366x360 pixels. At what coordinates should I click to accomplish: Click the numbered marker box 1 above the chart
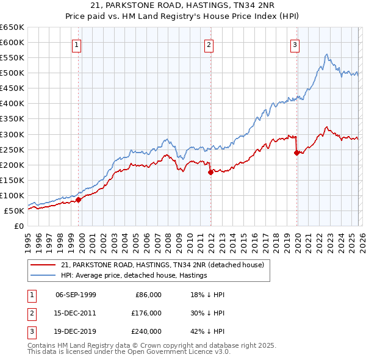pyautogui.click(x=77, y=45)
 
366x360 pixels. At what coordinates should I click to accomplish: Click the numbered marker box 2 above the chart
pyautogui.click(x=209, y=45)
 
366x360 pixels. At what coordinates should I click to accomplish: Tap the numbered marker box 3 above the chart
pyautogui.click(x=295, y=45)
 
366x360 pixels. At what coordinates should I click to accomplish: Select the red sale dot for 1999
pyautogui.click(x=78, y=199)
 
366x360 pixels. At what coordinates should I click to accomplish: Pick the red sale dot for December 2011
pyautogui.click(x=210, y=172)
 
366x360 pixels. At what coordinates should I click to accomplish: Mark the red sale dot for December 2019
pyautogui.click(x=296, y=153)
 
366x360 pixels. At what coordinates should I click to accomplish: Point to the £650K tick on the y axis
pyautogui.click(x=12, y=27)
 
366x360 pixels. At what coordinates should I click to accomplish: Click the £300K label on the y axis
pyautogui.click(x=12, y=134)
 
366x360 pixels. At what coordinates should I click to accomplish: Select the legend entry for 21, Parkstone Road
pyautogui.click(x=162, y=265)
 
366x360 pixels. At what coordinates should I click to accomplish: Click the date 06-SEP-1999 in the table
pyautogui.click(x=76, y=295)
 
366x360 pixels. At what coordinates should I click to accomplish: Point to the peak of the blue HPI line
pyautogui.click(x=327, y=54)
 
